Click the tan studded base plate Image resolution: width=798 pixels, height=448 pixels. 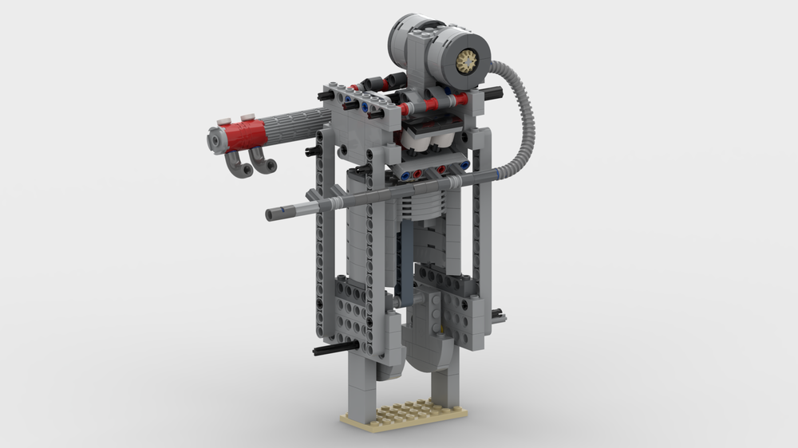403,414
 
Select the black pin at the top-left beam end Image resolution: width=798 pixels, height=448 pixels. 323,96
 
